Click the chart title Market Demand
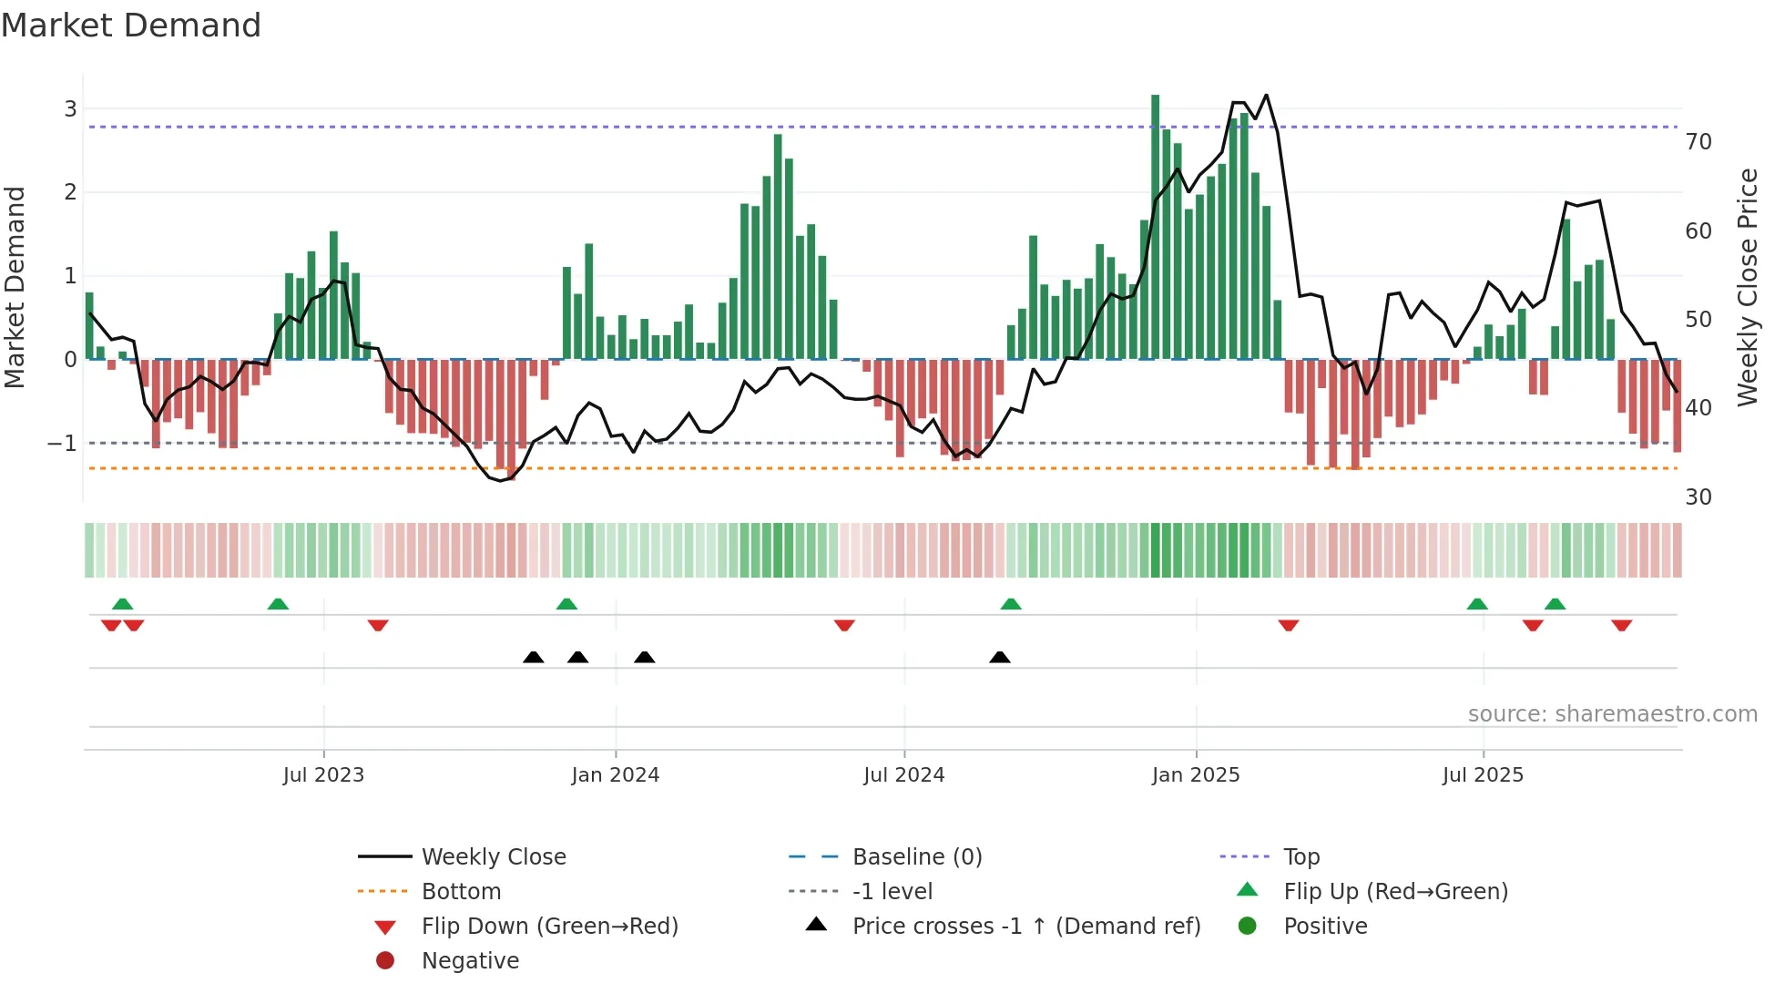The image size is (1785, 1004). pyautogui.click(x=131, y=26)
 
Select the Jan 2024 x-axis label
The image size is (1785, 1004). pyautogui.click(x=615, y=775)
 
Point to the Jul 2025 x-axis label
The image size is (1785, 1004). pyautogui.click(x=1483, y=775)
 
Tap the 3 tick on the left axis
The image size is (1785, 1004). pyautogui.click(x=70, y=109)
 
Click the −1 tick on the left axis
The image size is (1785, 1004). pyautogui.click(x=63, y=444)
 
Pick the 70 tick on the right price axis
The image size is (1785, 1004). pyautogui.click(x=1698, y=142)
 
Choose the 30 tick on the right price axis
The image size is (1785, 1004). pyautogui.click(x=1698, y=497)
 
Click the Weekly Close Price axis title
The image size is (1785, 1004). pyautogui.click(x=1747, y=287)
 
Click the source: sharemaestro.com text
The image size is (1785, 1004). pyautogui.click(x=1612, y=714)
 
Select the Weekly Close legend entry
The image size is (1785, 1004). pyautogui.click(x=493, y=857)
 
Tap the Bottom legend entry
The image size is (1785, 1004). pyautogui.click(x=461, y=892)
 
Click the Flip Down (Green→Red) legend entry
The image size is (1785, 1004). pyautogui.click(x=549, y=927)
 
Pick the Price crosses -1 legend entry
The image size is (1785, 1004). pyautogui.click(x=1025, y=927)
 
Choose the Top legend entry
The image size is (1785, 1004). pyautogui.click(x=1301, y=857)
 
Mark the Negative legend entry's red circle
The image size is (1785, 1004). pyautogui.click(x=385, y=961)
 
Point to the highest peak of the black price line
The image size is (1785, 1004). pyautogui.click(x=1266, y=95)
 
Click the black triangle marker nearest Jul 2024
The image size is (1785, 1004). pyautogui.click(x=1000, y=657)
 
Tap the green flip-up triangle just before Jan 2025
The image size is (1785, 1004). pyautogui.click(x=1011, y=604)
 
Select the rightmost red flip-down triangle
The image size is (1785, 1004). pyautogui.click(x=1621, y=626)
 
